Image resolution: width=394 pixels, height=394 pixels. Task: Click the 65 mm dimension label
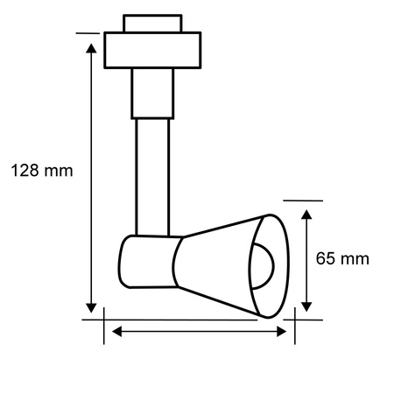pyautogui.click(x=342, y=258)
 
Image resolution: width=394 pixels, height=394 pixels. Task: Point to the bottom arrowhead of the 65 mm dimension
pyautogui.click(x=306, y=306)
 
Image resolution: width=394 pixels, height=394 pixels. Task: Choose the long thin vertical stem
pyautogui.click(x=151, y=175)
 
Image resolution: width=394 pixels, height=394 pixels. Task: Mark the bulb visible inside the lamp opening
pyautogui.click(x=266, y=263)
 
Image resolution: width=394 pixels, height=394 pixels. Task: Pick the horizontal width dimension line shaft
pyautogui.click(x=197, y=330)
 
